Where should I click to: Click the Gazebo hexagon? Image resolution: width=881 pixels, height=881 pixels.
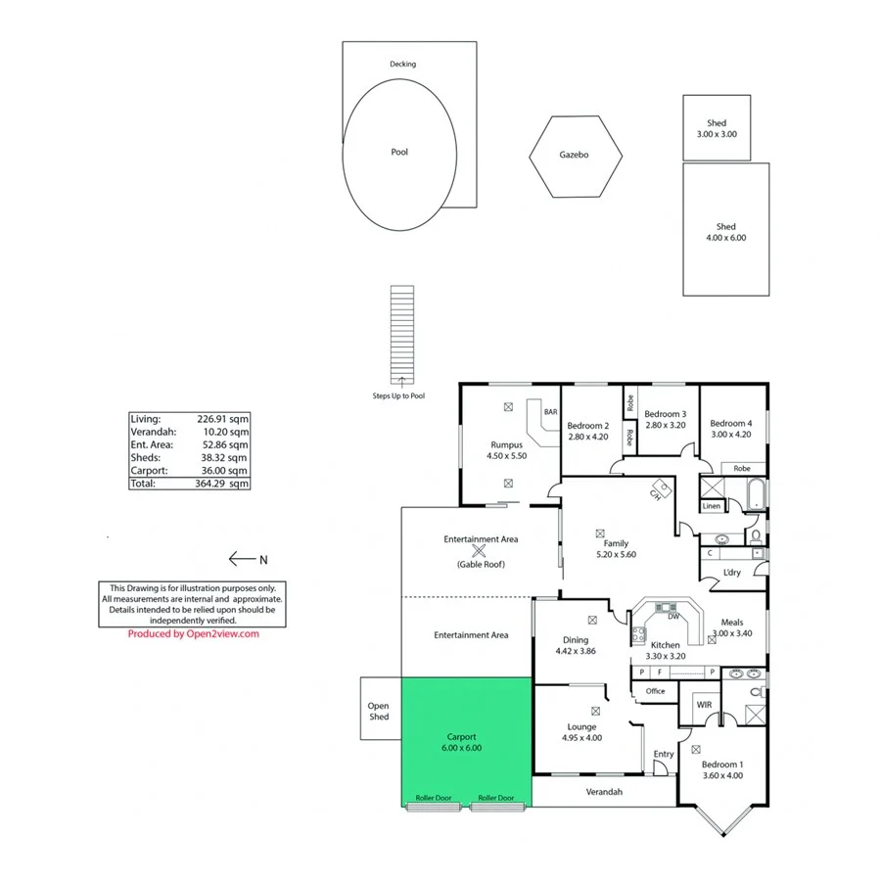click(575, 156)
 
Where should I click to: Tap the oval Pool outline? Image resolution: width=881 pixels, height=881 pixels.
click(398, 154)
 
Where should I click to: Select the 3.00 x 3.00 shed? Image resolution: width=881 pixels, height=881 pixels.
click(716, 128)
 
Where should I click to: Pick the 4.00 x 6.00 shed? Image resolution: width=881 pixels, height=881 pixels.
click(725, 231)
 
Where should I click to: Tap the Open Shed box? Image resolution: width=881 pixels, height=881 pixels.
click(379, 712)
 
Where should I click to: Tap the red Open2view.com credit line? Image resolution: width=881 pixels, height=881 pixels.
click(193, 633)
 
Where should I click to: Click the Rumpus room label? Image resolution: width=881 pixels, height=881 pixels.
click(507, 445)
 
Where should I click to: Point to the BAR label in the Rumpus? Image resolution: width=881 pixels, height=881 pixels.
click(550, 412)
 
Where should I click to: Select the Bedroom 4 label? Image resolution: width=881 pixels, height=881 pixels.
click(730, 423)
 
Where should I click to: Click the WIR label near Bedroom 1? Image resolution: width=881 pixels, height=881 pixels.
click(704, 705)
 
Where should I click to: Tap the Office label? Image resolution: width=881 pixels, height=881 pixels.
click(655, 691)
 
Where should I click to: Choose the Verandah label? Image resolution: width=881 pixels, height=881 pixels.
click(604, 791)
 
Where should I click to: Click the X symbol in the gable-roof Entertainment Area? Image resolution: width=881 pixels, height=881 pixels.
click(480, 552)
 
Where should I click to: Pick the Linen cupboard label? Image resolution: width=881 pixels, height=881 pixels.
click(712, 506)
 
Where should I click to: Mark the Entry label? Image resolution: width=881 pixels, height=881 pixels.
click(664, 754)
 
